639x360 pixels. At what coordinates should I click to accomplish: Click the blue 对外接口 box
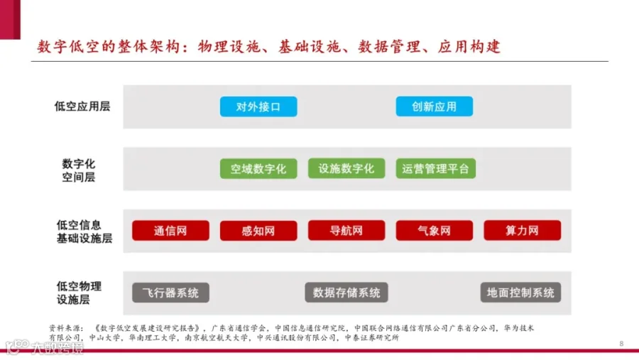point(258,107)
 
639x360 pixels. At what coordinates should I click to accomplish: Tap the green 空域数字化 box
point(258,169)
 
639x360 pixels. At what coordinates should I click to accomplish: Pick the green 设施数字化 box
point(346,169)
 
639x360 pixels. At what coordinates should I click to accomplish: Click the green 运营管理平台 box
point(435,169)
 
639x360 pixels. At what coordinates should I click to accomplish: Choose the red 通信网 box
point(170,231)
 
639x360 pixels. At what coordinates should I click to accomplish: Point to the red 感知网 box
point(258,231)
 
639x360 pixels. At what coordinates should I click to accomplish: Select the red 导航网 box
point(346,231)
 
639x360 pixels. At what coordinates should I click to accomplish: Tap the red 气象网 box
point(435,231)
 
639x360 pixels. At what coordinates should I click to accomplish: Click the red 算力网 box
point(522,231)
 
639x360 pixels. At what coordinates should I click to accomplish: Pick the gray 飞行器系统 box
point(170,293)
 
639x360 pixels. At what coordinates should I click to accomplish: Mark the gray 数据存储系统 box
point(346,293)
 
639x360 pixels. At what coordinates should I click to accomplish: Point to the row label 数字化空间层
point(79,170)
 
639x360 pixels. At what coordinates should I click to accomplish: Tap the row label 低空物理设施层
point(78,293)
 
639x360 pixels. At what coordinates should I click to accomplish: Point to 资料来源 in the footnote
point(65,328)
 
